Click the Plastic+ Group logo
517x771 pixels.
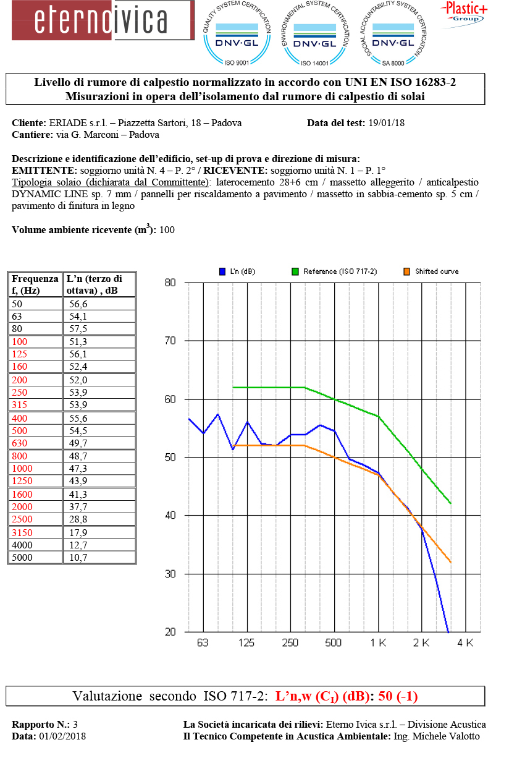[463, 12]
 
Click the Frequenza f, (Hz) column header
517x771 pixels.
[35, 284]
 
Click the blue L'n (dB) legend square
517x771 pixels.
[222, 271]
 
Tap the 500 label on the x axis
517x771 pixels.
[333, 643]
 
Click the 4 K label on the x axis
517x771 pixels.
[464, 643]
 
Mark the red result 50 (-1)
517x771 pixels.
[398, 696]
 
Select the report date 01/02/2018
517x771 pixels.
[62, 736]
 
